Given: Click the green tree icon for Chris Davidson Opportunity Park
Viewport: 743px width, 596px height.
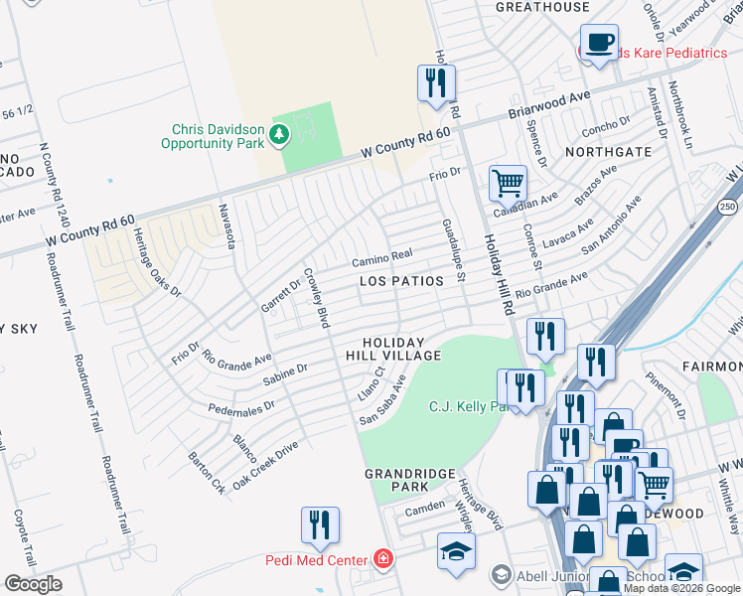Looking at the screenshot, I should (280, 133).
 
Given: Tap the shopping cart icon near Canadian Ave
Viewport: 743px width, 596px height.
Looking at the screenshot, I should (507, 183).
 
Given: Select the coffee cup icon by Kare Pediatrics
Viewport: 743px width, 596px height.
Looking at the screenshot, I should (599, 43).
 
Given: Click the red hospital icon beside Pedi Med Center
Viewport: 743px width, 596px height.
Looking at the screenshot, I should (382, 559).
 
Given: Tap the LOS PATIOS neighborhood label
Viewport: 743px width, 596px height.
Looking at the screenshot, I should (401, 281).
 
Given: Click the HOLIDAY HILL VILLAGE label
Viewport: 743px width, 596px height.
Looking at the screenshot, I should (393, 349).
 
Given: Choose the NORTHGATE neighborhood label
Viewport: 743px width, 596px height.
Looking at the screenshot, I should (609, 152).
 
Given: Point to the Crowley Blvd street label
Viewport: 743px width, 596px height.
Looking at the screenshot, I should (316, 297).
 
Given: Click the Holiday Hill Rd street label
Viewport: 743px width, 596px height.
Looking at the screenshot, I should (498, 273).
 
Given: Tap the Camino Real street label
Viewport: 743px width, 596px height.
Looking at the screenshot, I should (380, 259).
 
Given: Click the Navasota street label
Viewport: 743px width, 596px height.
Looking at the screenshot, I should (225, 227).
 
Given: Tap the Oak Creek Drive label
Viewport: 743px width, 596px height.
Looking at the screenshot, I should (265, 460).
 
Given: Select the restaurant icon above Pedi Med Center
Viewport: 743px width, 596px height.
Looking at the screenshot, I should (319, 525).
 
